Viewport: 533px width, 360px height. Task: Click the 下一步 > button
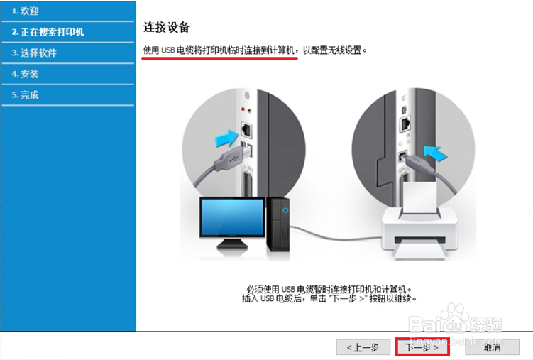click(x=422, y=347)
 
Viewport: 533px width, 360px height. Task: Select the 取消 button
click(x=492, y=347)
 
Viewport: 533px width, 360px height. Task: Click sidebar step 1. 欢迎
click(x=26, y=11)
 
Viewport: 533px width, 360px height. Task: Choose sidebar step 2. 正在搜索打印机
click(x=48, y=32)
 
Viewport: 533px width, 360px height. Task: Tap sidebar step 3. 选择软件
click(x=34, y=53)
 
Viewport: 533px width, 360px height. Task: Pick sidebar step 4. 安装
click(x=26, y=74)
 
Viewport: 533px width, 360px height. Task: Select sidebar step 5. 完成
click(x=26, y=94)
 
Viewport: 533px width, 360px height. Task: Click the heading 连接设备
click(x=167, y=28)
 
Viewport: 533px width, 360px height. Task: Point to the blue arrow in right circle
click(x=436, y=150)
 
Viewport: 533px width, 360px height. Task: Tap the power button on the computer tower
click(x=285, y=210)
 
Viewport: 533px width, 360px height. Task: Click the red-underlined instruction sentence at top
click(x=219, y=51)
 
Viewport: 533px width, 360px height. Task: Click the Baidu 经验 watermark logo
click(x=465, y=323)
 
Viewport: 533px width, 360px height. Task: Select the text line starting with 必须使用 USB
click(x=329, y=290)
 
